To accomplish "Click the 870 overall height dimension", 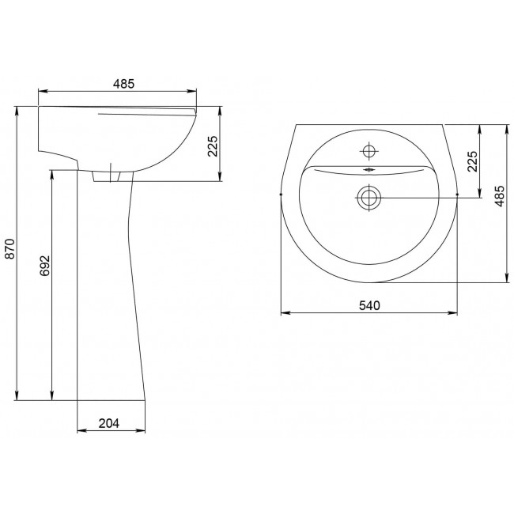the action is point(10,249).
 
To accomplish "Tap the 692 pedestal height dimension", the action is point(45,266).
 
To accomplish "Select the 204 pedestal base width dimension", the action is point(109,423).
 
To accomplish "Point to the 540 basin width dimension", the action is point(369,305).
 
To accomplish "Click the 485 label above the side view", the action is point(124,84).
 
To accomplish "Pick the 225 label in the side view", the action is point(213,146).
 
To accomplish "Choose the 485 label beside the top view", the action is point(499,196).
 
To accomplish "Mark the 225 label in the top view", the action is point(472,161).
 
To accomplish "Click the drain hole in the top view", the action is point(369,198).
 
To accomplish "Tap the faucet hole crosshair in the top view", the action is point(369,151).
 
